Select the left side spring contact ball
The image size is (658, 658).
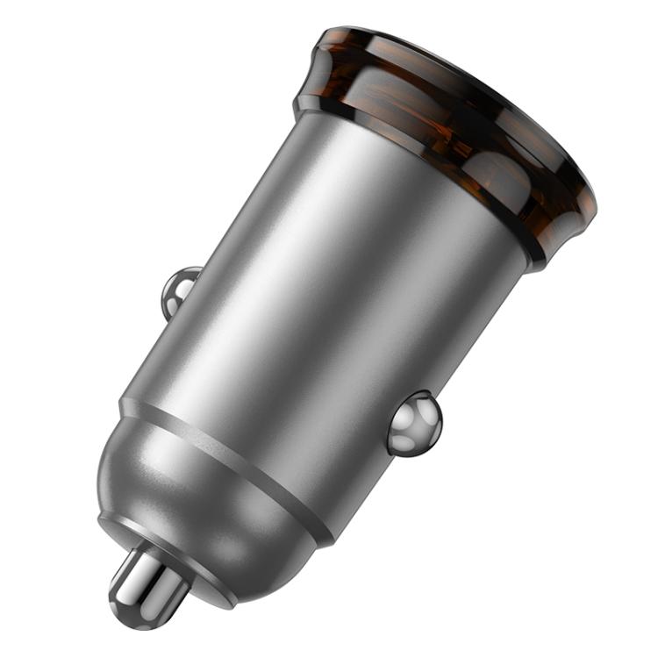click(180, 289)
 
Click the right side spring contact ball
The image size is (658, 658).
click(414, 423)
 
